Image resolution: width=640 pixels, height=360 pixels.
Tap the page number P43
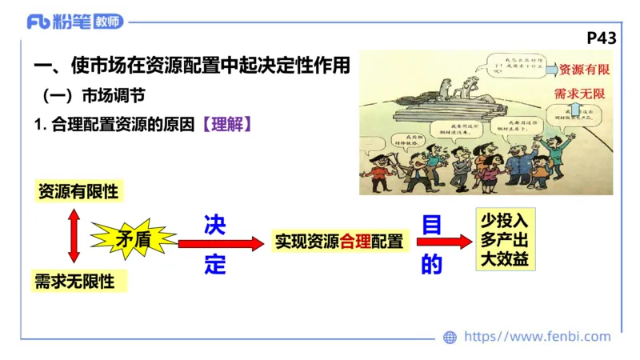602,38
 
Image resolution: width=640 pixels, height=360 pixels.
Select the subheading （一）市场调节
94,96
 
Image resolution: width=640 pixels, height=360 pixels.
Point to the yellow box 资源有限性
78,192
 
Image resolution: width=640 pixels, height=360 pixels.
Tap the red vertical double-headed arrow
74,236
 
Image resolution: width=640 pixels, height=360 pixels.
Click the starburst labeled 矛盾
133,238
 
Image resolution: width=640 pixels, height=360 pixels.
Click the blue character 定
214,264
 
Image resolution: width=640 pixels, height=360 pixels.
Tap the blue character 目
431,226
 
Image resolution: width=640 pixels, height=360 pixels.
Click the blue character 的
431,264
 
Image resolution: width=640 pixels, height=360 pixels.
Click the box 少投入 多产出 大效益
505,240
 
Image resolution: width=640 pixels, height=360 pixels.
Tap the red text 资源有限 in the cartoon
584,70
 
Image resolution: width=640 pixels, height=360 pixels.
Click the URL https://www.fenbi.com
537,337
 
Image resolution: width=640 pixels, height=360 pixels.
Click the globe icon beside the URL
450,338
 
